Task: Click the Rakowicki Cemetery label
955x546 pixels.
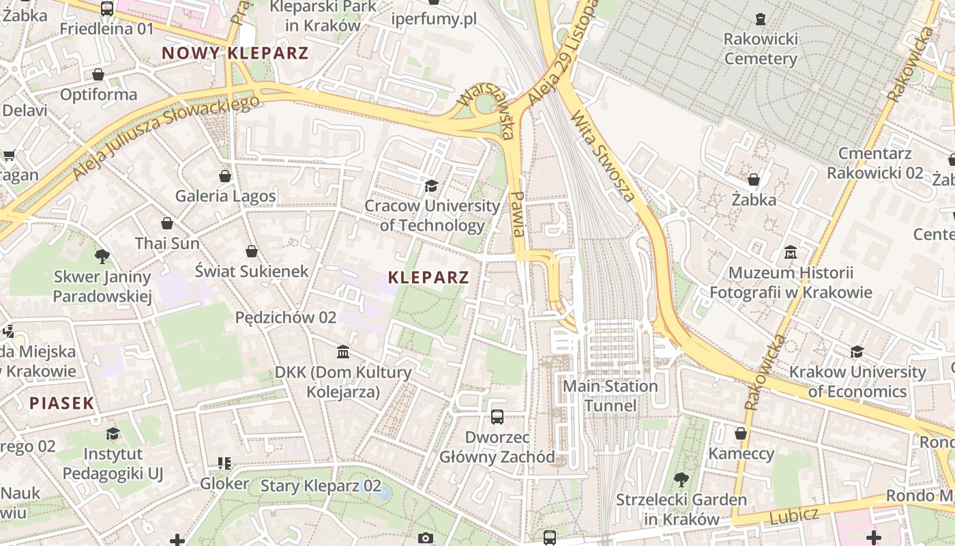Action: [x=760, y=48]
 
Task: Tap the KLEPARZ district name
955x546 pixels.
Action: [x=428, y=277]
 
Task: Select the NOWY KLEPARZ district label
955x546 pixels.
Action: [x=235, y=53]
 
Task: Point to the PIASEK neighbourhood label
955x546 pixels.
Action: [x=61, y=403]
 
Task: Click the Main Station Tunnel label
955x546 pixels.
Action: [x=611, y=396]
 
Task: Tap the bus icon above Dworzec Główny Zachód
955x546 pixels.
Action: [x=497, y=416]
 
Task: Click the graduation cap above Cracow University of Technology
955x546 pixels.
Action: [x=431, y=186]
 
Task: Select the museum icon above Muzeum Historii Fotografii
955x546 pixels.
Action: [x=791, y=253]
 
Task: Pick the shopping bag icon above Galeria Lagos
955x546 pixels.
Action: [x=225, y=176]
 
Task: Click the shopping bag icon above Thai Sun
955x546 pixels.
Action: [x=167, y=223]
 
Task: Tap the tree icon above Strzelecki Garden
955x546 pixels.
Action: [x=681, y=479]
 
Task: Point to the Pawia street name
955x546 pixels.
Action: [x=518, y=214]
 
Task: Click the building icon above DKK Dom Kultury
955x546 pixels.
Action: [x=343, y=351]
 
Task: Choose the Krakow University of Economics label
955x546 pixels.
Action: [x=857, y=382]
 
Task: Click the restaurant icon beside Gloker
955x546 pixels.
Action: [x=224, y=463]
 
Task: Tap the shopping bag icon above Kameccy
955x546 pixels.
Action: [x=741, y=433]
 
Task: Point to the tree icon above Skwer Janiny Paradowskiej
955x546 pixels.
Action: [x=102, y=257]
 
